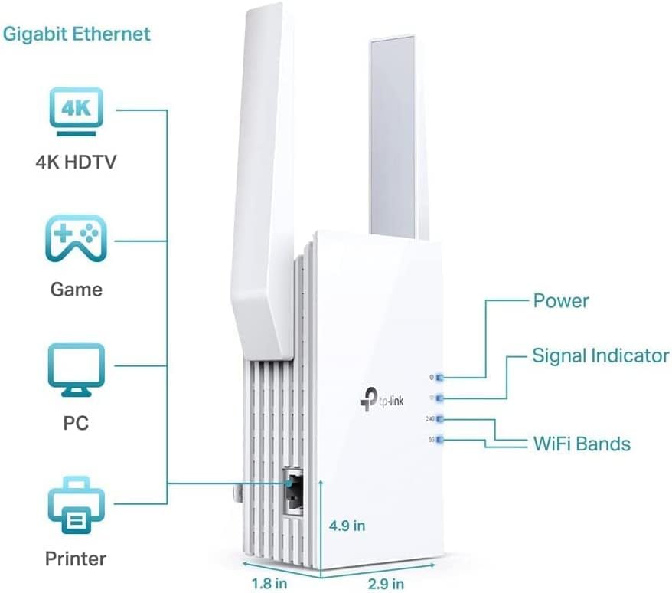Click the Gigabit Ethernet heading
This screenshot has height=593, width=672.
click(x=76, y=34)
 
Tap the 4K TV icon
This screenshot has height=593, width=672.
click(x=77, y=111)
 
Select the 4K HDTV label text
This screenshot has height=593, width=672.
click(x=77, y=162)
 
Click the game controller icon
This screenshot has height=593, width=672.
click(x=77, y=240)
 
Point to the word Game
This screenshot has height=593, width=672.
click(x=77, y=290)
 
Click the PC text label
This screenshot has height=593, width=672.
click(x=77, y=422)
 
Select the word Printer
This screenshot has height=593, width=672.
click(x=77, y=558)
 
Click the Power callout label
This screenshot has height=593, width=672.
click(x=561, y=300)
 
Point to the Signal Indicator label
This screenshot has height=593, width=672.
click(x=600, y=355)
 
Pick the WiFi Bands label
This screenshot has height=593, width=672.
click(x=581, y=444)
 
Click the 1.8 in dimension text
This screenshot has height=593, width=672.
click(x=270, y=583)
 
